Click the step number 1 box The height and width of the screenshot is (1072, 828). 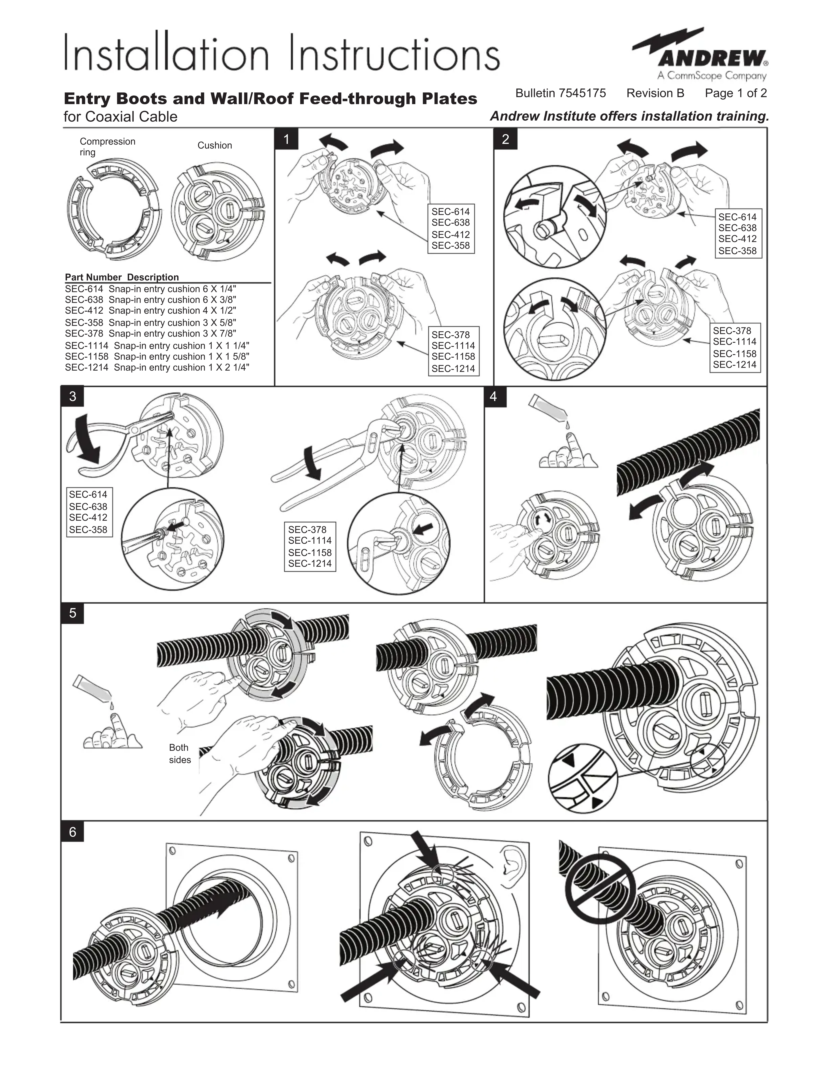tap(286, 139)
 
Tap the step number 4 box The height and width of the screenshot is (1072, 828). tap(494, 397)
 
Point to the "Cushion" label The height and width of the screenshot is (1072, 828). tap(214, 145)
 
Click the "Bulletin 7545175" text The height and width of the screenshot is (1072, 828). tap(560, 93)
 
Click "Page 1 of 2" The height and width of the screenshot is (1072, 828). tap(735, 93)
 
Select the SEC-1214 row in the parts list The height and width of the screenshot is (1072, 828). tap(157, 367)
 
